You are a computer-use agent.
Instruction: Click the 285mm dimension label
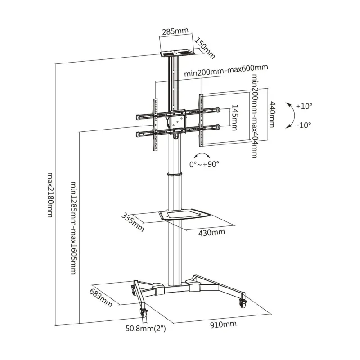(x=175, y=31)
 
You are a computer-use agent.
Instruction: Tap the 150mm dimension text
(x=205, y=48)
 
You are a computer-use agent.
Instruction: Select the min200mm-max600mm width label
(x=226, y=70)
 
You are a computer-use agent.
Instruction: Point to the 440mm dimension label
(x=272, y=114)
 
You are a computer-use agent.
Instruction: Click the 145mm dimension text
(x=234, y=118)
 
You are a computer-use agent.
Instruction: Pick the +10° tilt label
(x=304, y=106)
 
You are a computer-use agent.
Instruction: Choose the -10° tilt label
(x=304, y=126)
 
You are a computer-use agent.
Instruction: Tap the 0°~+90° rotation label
(x=204, y=164)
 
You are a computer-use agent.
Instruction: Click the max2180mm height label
(x=50, y=195)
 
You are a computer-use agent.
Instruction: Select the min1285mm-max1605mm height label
(x=73, y=228)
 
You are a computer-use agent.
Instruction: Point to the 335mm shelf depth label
(x=133, y=222)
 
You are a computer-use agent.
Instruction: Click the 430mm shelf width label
(x=211, y=233)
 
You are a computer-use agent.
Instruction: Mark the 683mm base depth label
(x=101, y=298)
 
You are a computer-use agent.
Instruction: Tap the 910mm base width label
(x=223, y=324)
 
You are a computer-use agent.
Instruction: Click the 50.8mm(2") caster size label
(x=145, y=328)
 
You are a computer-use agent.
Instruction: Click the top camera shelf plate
(x=177, y=54)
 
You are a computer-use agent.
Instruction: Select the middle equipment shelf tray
(x=184, y=214)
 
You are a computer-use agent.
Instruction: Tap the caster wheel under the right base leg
(x=243, y=303)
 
